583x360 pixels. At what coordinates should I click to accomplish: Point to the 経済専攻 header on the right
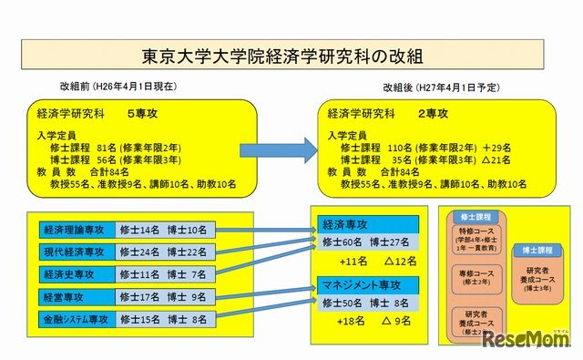pyautogui.click(x=367, y=223)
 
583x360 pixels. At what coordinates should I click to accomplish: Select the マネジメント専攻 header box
pyautogui.click(x=367, y=283)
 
